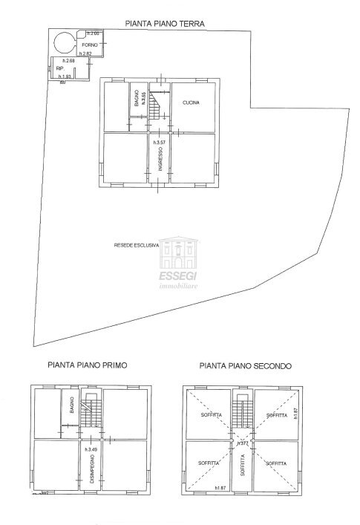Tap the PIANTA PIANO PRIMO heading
pos(88,365)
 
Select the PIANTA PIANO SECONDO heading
pos(246,365)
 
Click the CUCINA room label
pos(192,102)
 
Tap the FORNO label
pos(90,46)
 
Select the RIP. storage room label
pos(60,68)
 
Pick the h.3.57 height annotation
pos(159,141)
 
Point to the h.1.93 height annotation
pos(65,76)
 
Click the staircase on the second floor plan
pos(242,412)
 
